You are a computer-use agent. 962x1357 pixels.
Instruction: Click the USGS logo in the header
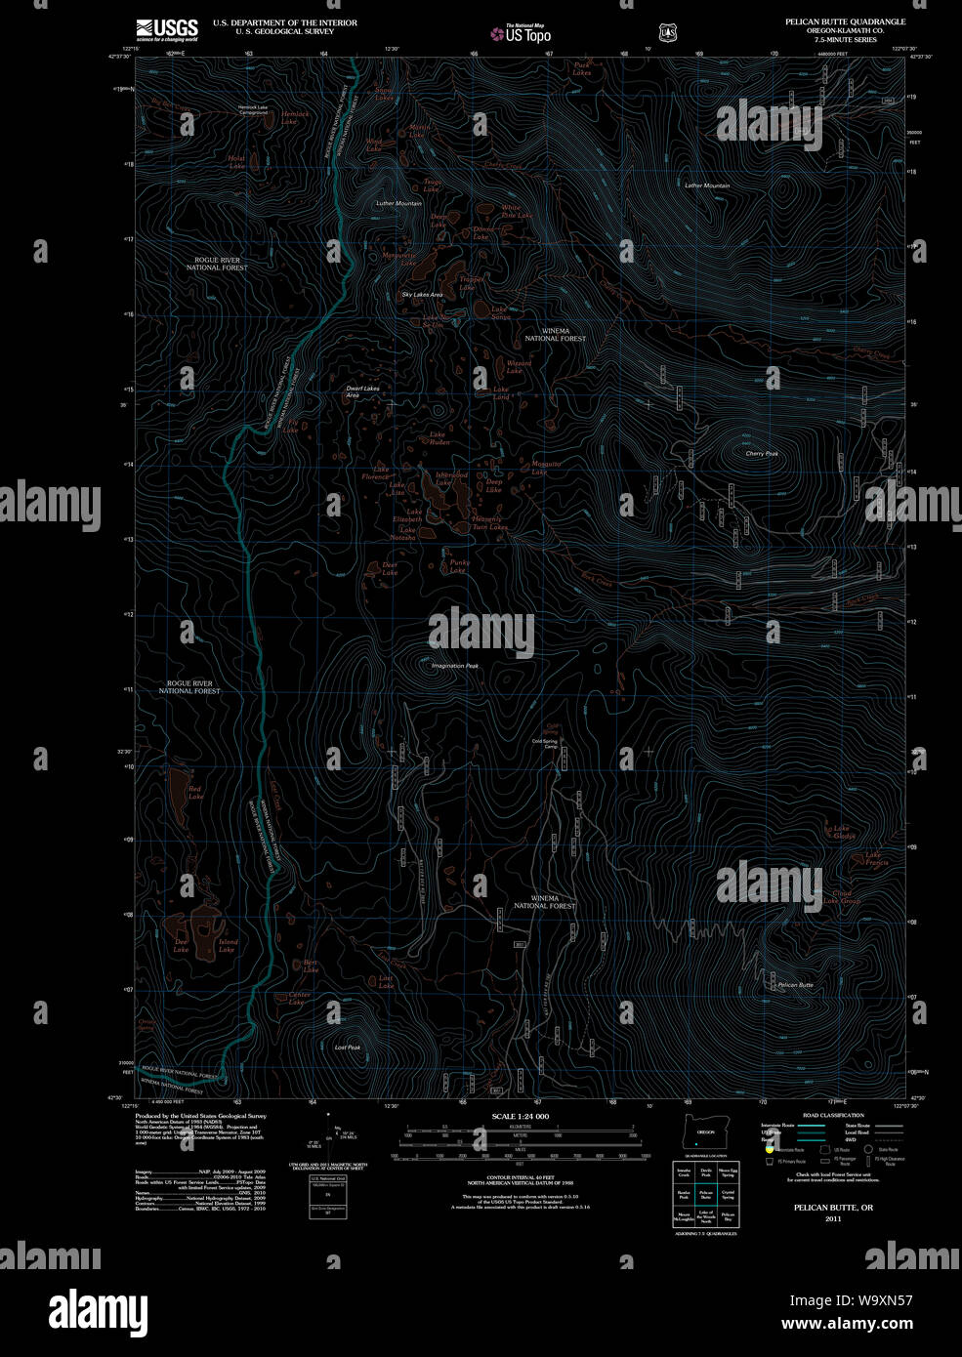coord(167,29)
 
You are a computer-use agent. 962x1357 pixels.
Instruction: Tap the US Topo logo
coord(522,33)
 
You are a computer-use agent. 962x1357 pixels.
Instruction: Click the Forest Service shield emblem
coord(668,33)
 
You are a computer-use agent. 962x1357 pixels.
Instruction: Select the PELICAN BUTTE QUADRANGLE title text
coord(845,21)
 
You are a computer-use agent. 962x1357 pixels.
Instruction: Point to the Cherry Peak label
coord(761,453)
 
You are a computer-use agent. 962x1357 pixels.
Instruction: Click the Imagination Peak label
coord(456,666)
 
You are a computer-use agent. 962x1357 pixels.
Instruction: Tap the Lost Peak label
coord(348,1048)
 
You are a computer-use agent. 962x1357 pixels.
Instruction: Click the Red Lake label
coord(195,793)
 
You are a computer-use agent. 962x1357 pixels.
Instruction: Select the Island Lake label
coord(227,945)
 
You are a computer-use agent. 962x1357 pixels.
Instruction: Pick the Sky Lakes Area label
coord(422,294)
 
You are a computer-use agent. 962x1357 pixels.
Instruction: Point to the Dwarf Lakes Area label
coord(362,391)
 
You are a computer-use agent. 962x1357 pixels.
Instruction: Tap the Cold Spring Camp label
coord(544,743)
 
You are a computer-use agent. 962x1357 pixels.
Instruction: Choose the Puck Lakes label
coord(582,69)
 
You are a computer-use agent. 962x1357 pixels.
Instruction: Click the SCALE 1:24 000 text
coord(521,1116)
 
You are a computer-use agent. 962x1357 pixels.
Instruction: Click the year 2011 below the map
coord(832,1218)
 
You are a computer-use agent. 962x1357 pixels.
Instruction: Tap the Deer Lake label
coord(390,568)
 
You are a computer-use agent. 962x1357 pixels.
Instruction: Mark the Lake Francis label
coord(876,859)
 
